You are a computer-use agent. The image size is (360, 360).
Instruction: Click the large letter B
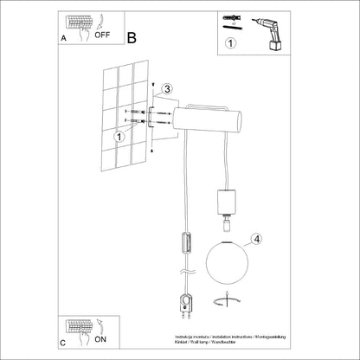132,37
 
